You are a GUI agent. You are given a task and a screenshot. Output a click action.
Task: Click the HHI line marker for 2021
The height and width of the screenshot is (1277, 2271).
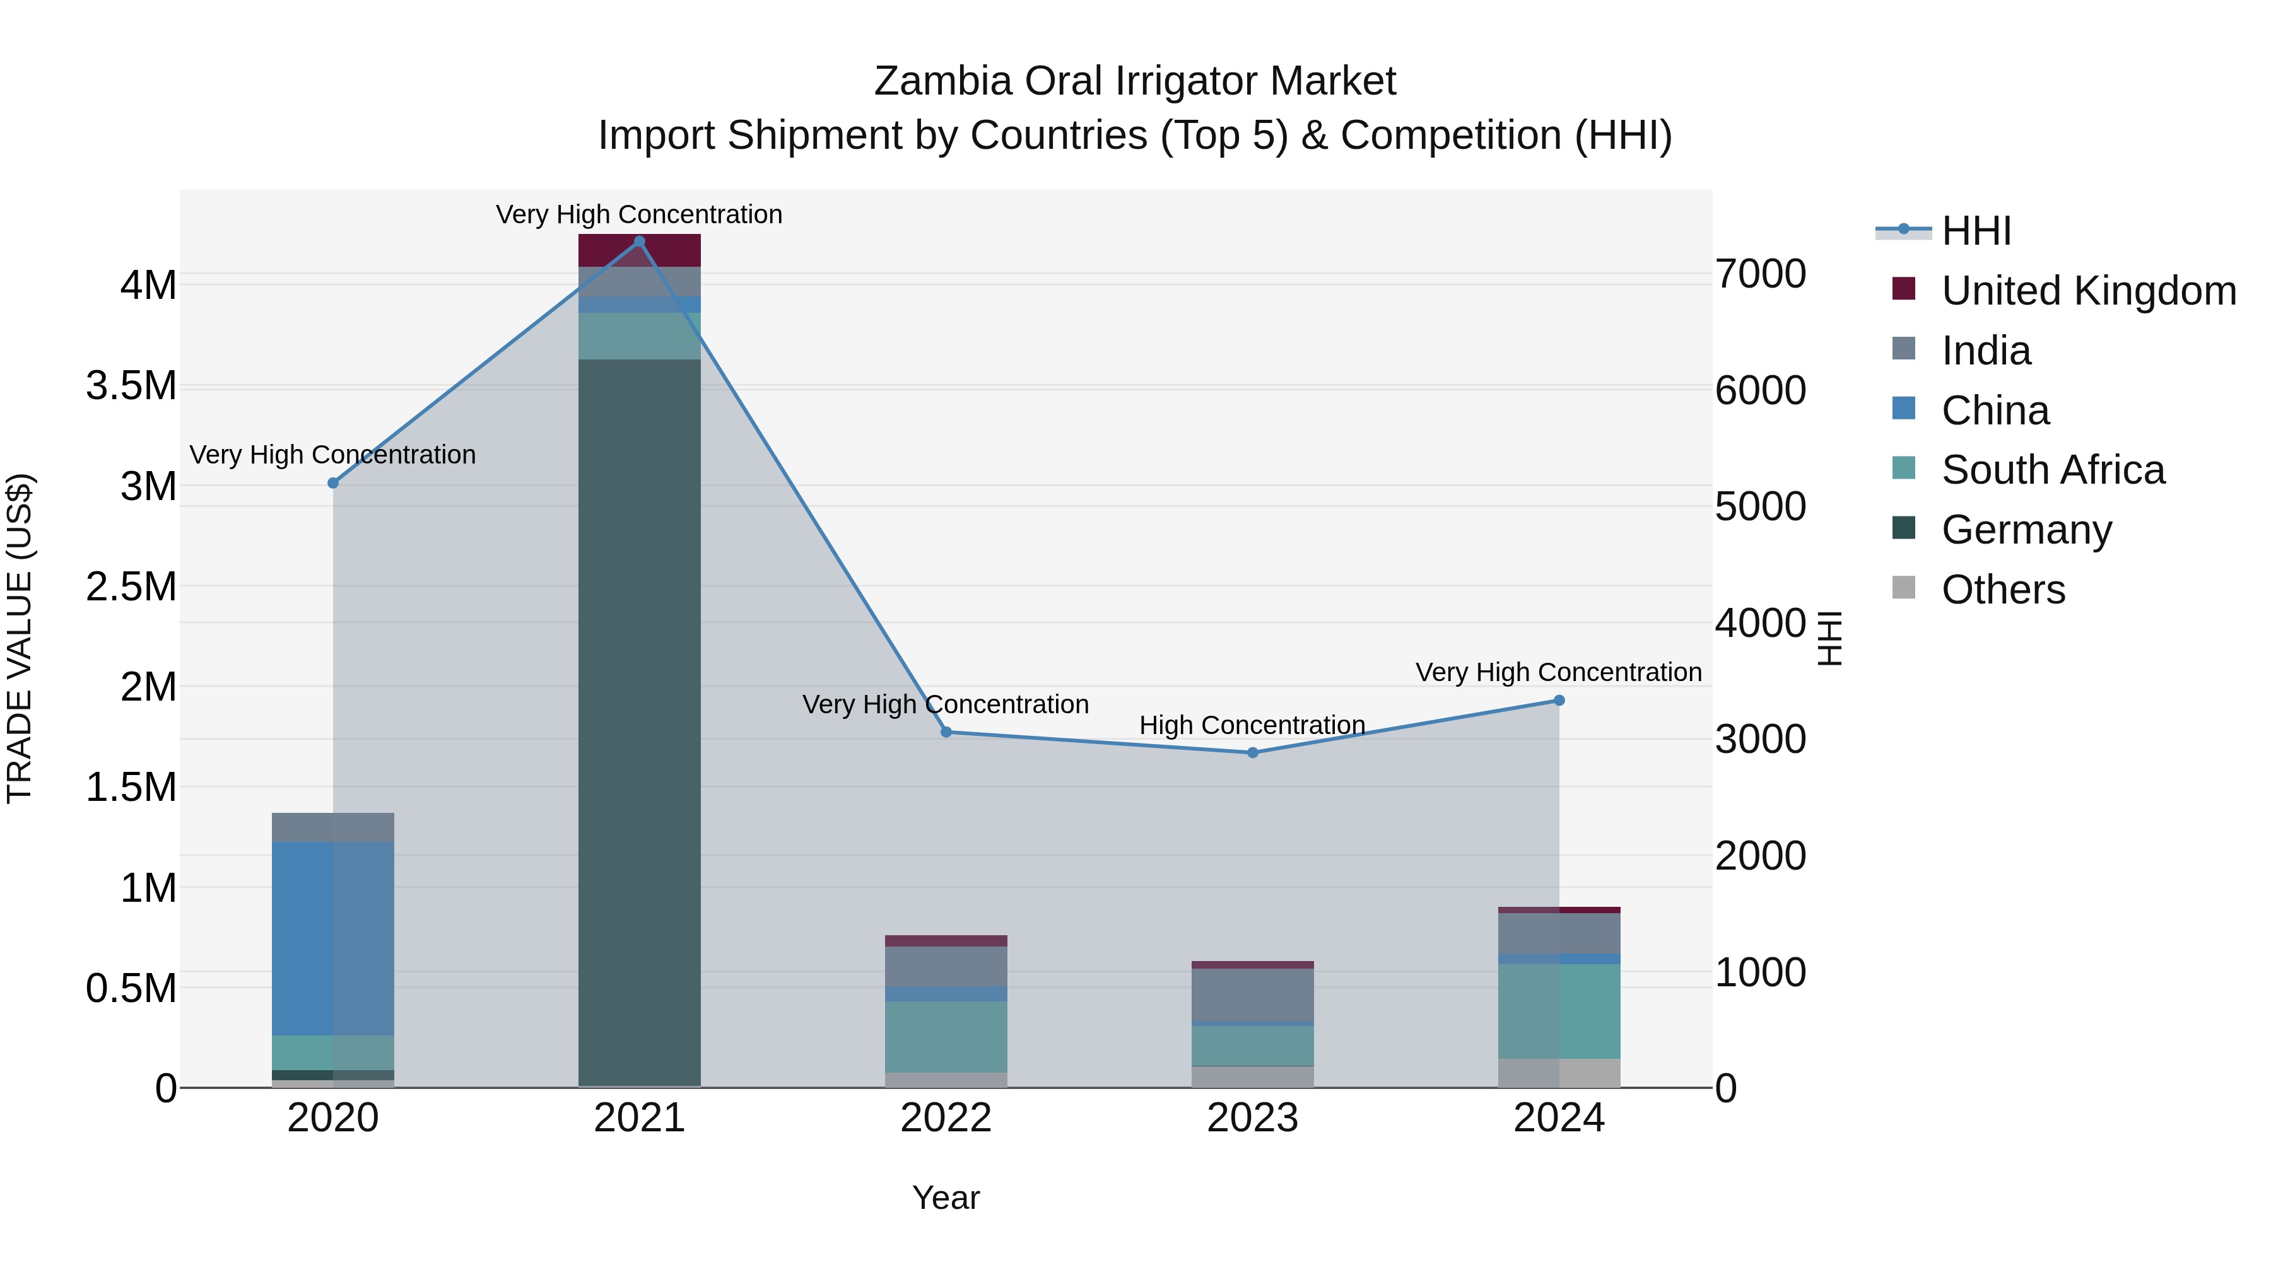[x=639, y=241]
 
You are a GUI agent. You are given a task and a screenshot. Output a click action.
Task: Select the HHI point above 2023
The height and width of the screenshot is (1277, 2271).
[x=1252, y=752]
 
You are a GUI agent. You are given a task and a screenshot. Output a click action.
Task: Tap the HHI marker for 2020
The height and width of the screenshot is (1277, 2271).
[x=333, y=483]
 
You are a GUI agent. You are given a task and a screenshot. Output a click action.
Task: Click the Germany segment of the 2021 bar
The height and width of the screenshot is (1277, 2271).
[x=639, y=723]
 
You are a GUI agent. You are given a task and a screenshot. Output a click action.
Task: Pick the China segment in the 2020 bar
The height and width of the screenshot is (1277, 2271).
[x=332, y=938]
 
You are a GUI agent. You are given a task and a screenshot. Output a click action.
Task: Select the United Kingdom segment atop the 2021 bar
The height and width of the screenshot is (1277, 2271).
[x=639, y=250]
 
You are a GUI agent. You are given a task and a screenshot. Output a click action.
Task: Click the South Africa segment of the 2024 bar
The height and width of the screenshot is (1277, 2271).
[x=1559, y=1011]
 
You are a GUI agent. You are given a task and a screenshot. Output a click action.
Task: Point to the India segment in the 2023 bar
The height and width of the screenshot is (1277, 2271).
[x=1252, y=994]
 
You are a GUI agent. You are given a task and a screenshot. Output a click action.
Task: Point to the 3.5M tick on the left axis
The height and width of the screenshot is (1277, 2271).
[x=131, y=386]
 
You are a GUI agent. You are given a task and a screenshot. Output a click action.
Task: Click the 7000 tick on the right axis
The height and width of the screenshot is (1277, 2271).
[x=1759, y=274]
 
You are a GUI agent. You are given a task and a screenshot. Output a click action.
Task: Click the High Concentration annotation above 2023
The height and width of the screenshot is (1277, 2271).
[x=1252, y=725]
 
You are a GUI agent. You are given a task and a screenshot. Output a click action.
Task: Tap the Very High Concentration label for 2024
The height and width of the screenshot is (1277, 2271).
[x=1558, y=672]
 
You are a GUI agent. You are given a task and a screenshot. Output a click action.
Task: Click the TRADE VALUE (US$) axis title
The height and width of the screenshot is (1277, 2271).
[x=20, y=638]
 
